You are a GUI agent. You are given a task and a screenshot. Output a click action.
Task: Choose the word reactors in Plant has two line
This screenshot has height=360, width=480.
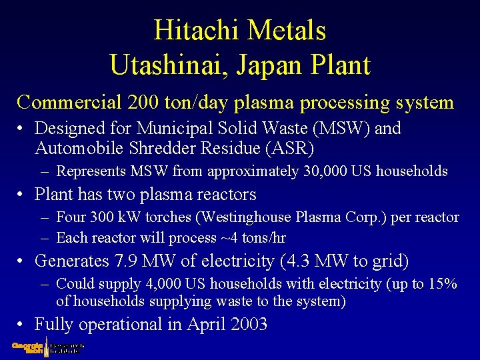click(x=223, y=195)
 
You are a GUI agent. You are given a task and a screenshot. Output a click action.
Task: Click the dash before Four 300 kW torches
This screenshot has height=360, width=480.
click(x=43, y=218)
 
